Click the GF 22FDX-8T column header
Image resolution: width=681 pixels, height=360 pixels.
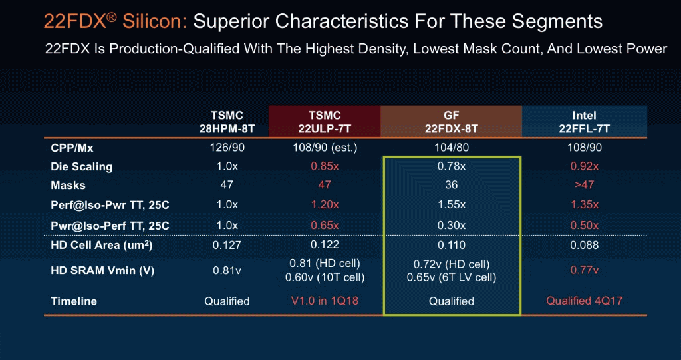[x=452, y=122]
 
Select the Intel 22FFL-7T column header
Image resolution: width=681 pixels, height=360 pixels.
[x=584, y=122]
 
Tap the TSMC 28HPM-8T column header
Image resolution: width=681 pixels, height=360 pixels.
[x=227, y=122]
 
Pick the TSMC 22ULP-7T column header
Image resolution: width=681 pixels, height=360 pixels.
[x=325, y=122]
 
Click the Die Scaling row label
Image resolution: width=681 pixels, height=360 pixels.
[x=76, y=166]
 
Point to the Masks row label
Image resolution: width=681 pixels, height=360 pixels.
[x=68, y=185]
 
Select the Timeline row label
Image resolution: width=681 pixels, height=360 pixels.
[x=74, y=301]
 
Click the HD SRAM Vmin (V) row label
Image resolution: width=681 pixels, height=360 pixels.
[x=102, y=270]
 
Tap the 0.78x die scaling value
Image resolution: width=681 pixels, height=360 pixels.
[x=452, y=166]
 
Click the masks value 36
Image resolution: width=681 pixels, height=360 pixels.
[x=452, y=185]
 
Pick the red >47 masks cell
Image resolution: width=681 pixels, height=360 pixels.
[x=584, y=185]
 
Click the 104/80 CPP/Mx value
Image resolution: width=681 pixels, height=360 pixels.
[x=452, y=148]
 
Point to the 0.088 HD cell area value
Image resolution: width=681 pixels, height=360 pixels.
[x=584, y=245]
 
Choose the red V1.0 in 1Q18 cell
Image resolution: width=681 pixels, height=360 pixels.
[x=325, y=301]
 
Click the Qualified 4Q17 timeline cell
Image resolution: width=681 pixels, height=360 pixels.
[x=584, y=301]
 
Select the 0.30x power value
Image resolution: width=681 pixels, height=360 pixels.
[x=452, y=226]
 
